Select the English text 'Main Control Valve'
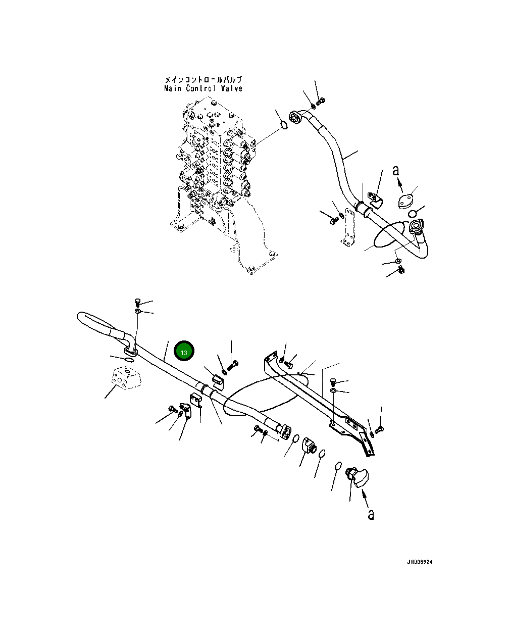pos(203,88)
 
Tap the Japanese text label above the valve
pos(203,80)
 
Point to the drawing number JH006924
pos(419,562)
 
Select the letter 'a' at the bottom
pos(371,514)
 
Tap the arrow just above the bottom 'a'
pos(366,498)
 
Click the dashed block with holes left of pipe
pos(125,377)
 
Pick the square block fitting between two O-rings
pos(309,446)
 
